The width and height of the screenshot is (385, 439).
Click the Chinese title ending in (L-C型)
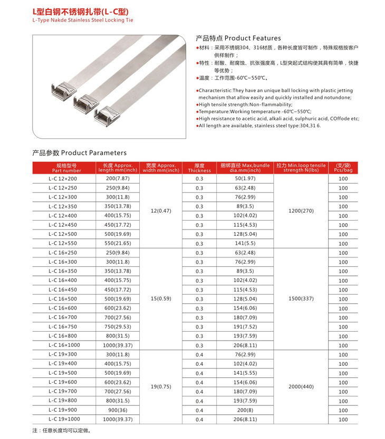point(80,11)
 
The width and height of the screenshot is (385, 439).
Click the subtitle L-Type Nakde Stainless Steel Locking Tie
point(83,21)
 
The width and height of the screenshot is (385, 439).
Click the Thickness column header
point(199,168)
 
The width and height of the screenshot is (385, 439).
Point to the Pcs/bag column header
point(343,168)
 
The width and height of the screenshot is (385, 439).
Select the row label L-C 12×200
point(63,179)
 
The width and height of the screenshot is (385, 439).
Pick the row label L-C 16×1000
point(64,345)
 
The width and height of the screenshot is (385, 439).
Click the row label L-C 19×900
point(63,410)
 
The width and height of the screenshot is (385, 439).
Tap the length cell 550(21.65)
point(118,244)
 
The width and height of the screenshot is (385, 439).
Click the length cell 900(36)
point(118,410)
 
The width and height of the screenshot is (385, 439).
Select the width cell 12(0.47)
point(161,211)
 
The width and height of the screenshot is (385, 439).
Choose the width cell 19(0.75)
point(161,387)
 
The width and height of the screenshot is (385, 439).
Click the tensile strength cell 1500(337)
point(301,299)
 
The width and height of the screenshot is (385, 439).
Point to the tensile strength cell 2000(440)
point(301,387)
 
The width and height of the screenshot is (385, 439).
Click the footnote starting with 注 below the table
point(55,431)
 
